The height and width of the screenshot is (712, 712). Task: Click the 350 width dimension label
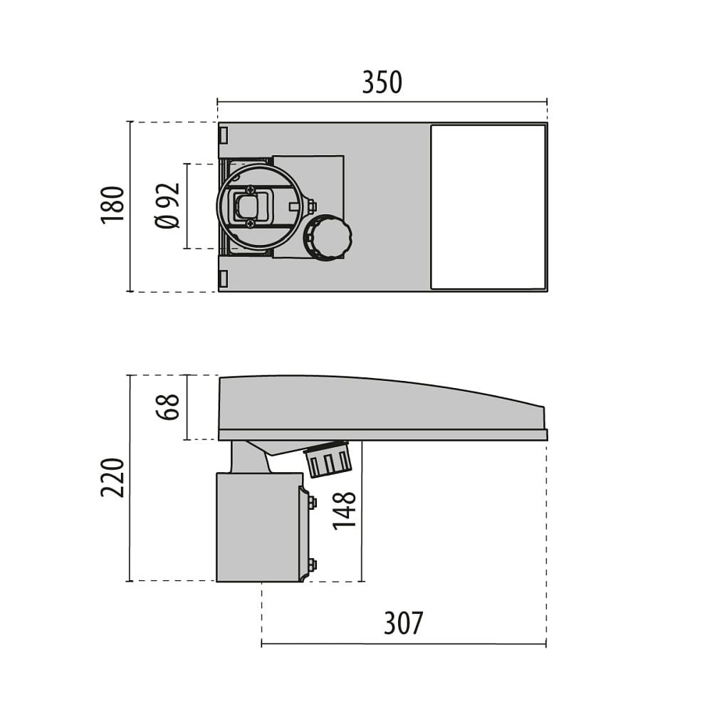[x=382, y=82]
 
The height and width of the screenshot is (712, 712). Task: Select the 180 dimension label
[x=112, y=204]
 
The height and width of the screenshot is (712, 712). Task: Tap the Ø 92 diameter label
[x=167, y=206]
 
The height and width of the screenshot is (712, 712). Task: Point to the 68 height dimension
[x=167, y=407]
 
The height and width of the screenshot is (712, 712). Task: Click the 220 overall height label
[x=112, y=478]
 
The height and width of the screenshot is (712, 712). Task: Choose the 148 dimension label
[x=344, y=511]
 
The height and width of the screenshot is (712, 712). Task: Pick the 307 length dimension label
[x=403, y=623]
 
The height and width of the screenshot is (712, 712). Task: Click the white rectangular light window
[x=488, y=207]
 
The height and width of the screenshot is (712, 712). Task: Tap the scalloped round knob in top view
[x=328, y=238]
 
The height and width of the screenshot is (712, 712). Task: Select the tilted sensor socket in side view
[x=328, y=459]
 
